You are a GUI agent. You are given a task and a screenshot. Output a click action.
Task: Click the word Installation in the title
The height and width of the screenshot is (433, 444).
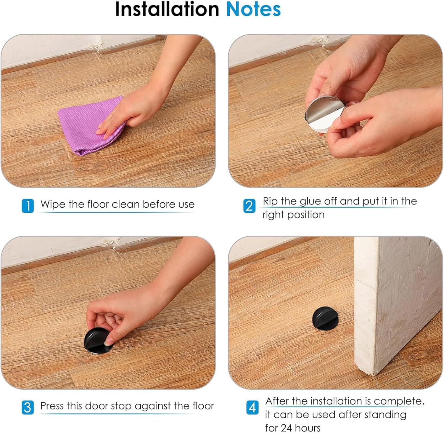coord(167,9)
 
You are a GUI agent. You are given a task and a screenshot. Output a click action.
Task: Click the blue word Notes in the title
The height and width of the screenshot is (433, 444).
coord(253,9)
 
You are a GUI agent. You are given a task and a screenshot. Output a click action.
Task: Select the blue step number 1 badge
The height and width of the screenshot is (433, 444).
coord(28,206)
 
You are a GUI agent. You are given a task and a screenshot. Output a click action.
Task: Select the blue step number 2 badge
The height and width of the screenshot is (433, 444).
coord(249,206)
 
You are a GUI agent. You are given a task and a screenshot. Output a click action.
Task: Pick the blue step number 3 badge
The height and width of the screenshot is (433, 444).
coord(28,407)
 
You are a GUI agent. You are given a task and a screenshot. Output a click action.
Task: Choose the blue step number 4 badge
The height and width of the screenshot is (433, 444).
coord(252,408)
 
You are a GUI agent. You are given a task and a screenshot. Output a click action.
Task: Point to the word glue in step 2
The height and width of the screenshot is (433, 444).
coord(311,201)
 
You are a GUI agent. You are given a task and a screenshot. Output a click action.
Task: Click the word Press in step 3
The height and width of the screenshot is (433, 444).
coord(52,406)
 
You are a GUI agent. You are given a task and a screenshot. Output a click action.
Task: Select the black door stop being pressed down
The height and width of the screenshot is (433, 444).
coord(96,342)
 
